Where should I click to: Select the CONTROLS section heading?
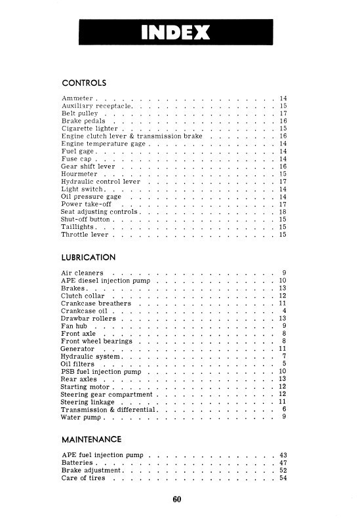click(84, 83)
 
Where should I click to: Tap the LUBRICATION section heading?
click(89, 257)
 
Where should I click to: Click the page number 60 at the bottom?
click(177, 499)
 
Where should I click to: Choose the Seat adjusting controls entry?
click(98, 212)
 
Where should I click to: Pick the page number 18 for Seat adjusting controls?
click(283, 212)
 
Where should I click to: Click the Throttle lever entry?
click(85, 234)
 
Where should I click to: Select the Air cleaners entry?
click(82, 272)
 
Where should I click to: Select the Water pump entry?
click(79, 416)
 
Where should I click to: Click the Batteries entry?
click(78, 462)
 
